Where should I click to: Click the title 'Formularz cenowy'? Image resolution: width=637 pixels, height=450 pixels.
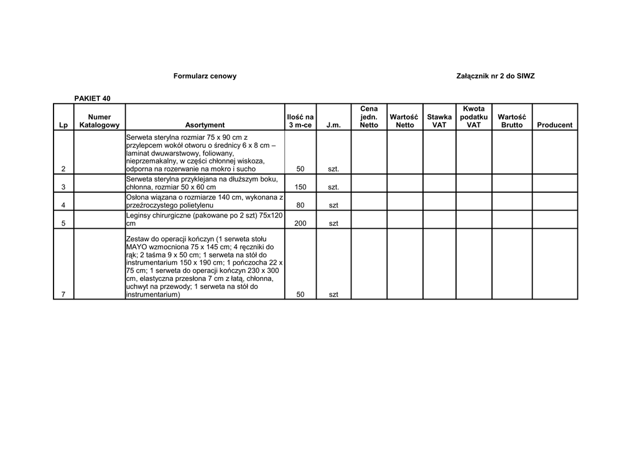coord(205,76)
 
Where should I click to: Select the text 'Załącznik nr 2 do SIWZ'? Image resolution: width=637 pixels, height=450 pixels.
coord(495,76)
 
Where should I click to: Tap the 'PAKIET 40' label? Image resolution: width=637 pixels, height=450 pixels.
coord(93,98)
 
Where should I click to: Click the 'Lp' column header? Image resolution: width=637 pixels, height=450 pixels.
coord(63,125)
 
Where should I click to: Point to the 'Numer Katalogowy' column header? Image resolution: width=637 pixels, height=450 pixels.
coord(100,121)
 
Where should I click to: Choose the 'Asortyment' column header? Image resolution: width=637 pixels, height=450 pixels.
coord(205,125)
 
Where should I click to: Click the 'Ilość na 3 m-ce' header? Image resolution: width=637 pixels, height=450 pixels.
coord(300,121)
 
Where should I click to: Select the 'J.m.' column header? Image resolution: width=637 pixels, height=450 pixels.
coord(333,125)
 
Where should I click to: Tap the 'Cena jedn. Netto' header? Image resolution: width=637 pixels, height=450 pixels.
coord(369,117)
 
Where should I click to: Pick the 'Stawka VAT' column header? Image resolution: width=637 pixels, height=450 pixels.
coord(439,121)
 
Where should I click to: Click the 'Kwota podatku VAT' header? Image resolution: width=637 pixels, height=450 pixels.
coord(474,117)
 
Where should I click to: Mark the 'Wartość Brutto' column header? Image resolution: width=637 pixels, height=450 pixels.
coord(512,121)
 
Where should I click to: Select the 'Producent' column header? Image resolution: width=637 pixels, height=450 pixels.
coord(554,125)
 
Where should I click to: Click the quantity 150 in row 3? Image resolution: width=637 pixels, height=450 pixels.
coord(300,187)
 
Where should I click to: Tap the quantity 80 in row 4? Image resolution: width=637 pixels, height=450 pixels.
coord(300,205)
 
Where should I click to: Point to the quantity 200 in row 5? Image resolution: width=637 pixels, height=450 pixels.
coord(300,224)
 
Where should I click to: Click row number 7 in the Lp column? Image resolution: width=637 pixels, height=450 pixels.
coord(63,295)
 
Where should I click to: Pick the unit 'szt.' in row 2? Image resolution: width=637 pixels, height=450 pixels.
coord(333,169)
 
